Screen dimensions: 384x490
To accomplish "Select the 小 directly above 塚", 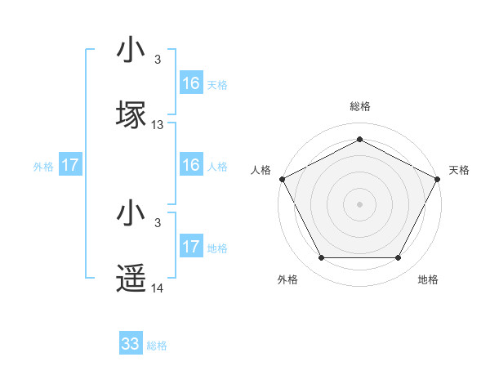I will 131,50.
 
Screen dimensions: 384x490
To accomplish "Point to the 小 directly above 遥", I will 131,214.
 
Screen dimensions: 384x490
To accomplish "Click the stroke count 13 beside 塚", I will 158,125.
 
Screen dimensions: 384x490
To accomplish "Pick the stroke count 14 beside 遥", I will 158,288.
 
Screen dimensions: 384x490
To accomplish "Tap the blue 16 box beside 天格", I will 191,83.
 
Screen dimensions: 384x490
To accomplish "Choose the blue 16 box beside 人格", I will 191,165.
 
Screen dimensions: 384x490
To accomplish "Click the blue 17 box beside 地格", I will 191,247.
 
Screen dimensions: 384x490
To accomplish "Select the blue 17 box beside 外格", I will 70,165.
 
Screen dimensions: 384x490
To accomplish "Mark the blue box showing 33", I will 131,344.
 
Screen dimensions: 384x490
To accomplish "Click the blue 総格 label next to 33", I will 157,346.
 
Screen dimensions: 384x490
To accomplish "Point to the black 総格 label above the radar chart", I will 359,106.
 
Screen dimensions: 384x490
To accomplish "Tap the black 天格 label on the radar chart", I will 459,170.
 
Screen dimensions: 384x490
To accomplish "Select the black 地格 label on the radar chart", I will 428,279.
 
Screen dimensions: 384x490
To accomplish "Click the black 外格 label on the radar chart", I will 287,279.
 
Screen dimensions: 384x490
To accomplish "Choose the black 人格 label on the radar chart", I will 261,170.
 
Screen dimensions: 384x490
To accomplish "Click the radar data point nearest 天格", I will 439,178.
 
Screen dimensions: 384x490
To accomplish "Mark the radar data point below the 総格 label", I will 359,139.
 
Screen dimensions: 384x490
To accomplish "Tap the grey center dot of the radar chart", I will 359,203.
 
